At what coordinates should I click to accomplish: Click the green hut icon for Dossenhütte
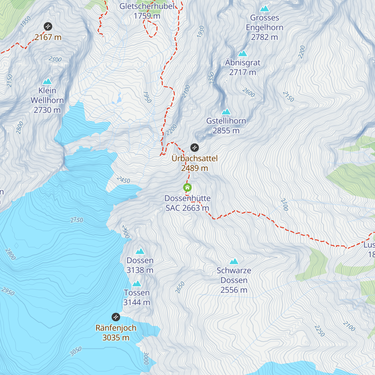coord(187,187)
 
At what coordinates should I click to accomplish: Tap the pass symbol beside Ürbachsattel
coord(194,147)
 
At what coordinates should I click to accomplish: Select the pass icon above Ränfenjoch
coord(116,317)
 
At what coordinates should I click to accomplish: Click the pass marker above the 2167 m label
coord(48,26)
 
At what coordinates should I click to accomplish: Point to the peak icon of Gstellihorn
coord(226,112)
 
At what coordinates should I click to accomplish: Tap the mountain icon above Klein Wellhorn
coord(47,81)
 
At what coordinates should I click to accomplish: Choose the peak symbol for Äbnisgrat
coord(242,53)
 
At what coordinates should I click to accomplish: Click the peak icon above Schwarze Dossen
coord(234,261)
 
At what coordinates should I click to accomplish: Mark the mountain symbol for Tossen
coord(137,283)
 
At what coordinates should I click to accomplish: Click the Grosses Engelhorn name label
coord(264,22)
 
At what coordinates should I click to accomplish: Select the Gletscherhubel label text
coord(147,6)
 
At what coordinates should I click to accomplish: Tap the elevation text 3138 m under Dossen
coord(140,270)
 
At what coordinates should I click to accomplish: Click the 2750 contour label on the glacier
coord(77,220)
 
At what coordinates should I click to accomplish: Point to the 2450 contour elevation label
coord(123,180)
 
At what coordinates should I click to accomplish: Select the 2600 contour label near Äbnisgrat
coord(249,93)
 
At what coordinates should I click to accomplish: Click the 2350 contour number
coord(212,78)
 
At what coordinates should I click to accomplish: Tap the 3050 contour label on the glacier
coord(76,351)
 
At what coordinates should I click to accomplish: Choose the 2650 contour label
coord(180,287)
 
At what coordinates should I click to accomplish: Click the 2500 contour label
coord(55,59)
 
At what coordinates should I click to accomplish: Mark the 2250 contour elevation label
coord(319,331)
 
